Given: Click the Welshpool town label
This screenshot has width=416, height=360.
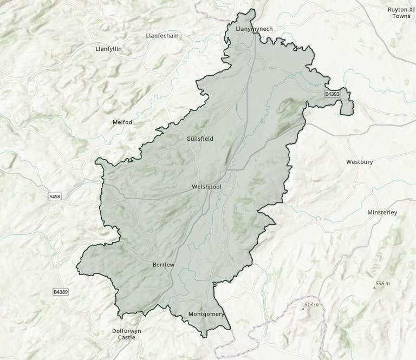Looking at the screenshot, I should coord(206,187).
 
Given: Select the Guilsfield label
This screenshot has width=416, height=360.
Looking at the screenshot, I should coord(199,139).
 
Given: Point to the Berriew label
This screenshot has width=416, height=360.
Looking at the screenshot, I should coord(163,264).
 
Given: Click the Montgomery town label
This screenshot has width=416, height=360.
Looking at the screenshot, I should coord(206,314).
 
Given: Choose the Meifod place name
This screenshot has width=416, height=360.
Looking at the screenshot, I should coord(122,122).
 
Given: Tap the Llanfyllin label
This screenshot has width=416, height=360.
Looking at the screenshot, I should coord(108,49).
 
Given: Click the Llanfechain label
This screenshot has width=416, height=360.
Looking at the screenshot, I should coord(162,36).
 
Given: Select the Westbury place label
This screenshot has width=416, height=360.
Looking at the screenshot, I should coord(359,161).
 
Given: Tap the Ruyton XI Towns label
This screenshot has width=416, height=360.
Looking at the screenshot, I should coord(401,12).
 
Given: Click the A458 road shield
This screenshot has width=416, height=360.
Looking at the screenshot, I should coord(55,196).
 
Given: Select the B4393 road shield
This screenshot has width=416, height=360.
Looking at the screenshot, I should coord(332,94).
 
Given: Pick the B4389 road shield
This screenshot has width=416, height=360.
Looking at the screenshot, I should coord(61,292).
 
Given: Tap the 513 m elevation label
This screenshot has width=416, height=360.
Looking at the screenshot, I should coord(311,305).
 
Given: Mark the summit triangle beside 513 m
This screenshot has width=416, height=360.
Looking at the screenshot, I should coord(303,308).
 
